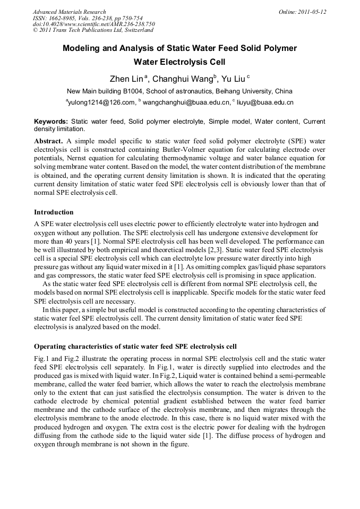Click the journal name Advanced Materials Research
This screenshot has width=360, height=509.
[x=69, y=12]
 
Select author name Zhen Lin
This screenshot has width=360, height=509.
[x=126, y=79]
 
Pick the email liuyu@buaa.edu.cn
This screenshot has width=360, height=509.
[x=264, y=102]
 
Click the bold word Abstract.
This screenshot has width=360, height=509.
[x=48, y=142]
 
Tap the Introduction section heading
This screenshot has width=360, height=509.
[x=54, y=212]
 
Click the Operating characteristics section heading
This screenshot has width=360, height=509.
[x=135, y=346]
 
